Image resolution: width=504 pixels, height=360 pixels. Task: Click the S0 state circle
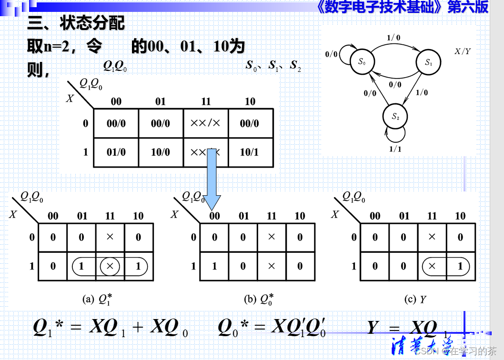pos(362,62)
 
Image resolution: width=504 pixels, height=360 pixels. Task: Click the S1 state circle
pos(428,62)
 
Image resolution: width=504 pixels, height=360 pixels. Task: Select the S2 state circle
pos(394,116)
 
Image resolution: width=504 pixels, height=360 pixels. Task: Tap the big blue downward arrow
pos(212,179)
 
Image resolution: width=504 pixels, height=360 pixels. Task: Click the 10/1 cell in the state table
pos(250,152)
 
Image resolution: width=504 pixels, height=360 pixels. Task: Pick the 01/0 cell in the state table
pos(116,152)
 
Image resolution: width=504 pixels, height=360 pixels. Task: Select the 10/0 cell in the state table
pos(161,152)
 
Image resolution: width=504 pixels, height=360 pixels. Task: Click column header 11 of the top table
pos(205,101)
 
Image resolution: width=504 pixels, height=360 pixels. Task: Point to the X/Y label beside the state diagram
pos(462,51)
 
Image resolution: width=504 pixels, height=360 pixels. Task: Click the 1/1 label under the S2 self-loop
pos(395,149)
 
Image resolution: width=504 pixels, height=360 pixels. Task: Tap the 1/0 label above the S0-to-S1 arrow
pos(393,38)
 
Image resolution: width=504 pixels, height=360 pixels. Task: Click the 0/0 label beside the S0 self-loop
pos(332,54)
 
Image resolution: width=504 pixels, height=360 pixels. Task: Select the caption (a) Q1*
pos(97,299)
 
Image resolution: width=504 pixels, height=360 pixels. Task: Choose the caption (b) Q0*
pos(259,299)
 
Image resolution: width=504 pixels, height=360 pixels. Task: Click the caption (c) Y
pos(415,299)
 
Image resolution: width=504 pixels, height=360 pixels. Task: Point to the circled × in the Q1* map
pos(110,266)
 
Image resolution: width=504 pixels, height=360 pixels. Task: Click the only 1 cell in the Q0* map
pos(214,266)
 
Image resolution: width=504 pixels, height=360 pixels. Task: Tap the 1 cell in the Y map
pos(460,266)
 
